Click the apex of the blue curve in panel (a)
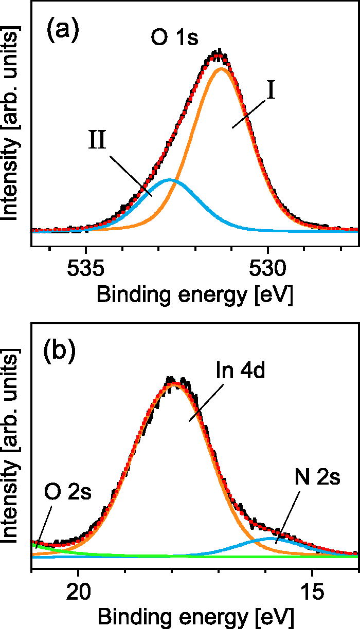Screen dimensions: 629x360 pyautogui.click(x=170, y=180)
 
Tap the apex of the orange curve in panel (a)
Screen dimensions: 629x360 pyautogui.click(x=222, y=68)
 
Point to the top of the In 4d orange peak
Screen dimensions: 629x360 pyautogui.click(x=175, y=383)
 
